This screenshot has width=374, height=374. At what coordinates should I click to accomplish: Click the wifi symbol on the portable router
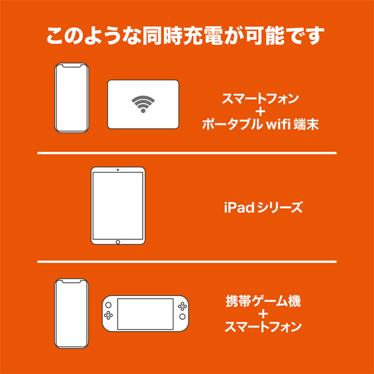(143, 104)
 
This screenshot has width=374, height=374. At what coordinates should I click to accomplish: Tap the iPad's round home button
(118, 242)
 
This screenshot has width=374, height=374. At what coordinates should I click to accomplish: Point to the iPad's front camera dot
(118, 170)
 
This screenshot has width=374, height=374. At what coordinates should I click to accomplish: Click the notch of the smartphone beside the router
(72, 65)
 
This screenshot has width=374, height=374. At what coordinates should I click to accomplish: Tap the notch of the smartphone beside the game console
(71, 280)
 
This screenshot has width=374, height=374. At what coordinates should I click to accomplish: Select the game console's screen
(145, 314)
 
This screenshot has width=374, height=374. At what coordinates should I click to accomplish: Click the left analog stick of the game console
(108, 305)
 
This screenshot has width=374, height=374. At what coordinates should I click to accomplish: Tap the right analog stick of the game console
(183, 317)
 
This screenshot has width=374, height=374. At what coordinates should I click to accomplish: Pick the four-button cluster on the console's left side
(108, 315)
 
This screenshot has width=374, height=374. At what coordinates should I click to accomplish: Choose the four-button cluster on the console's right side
(183, 306)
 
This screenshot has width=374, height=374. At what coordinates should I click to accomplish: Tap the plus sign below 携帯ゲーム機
(263, 314)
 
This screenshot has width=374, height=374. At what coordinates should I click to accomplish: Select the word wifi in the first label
(279, 125)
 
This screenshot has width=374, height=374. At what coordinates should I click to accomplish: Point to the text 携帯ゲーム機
(263, 301)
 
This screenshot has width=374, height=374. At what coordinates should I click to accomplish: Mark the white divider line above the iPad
(187, 153)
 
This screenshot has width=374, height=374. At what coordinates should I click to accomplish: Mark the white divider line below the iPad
(187, 262)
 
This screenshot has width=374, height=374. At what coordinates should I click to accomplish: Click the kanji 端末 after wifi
(306, 125)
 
